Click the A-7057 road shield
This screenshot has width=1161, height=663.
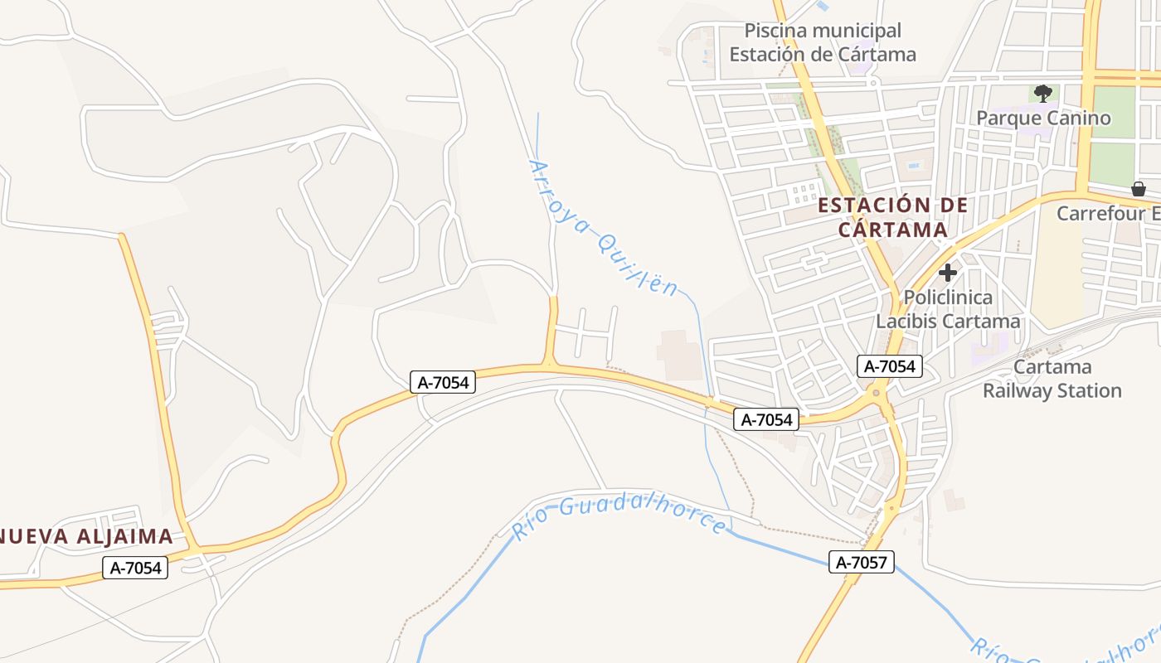(862, 563)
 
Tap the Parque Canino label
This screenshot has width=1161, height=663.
(1043, 118)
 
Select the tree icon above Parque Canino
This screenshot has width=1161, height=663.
(1043, 93)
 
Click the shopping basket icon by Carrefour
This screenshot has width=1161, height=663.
(1139, 189)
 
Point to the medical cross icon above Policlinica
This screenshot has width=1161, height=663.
(948, 272)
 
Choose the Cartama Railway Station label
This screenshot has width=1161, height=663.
(1052, 379)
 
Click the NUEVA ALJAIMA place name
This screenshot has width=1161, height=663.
(86, 536)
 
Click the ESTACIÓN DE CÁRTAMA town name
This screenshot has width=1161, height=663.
(893, 217)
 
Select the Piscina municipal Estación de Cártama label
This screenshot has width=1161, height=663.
(823, 43)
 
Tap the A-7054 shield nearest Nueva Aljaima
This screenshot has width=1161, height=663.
(135, 568)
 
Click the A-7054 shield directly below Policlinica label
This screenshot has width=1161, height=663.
(890, 366)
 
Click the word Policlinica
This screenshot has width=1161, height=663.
(948, 297)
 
